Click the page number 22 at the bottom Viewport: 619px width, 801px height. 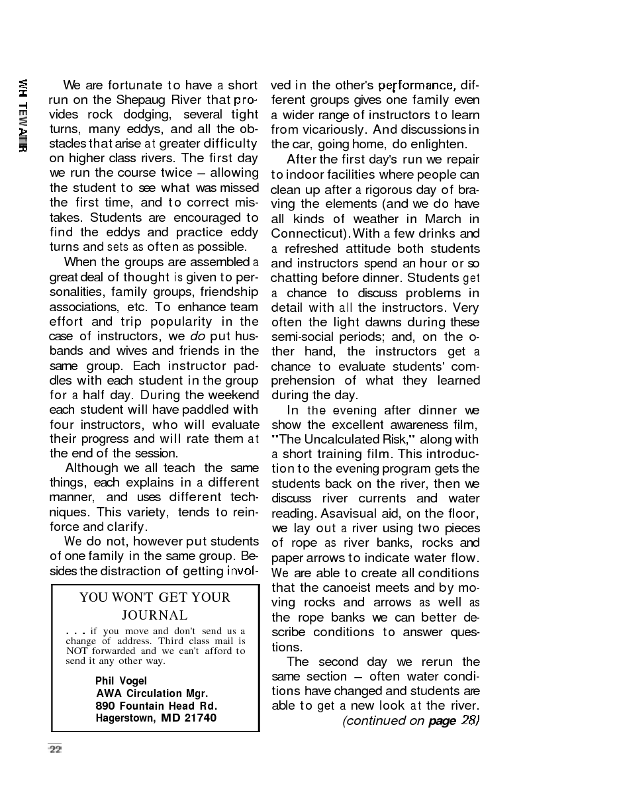click(x=55, y=749)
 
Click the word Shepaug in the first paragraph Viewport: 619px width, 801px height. click(x=125, y=100)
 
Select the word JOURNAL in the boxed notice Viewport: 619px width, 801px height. click(x=154, y=616)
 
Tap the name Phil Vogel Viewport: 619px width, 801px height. click(x=121, y=681)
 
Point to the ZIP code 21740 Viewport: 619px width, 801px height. click(x=200, y=718)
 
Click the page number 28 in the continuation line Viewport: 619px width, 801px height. click(x=469, y=720)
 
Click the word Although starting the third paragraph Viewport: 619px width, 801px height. click(x=91, y=468)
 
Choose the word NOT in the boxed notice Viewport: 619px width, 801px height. click(x=76, y=651)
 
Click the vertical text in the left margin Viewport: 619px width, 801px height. click(x=23, y=116)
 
